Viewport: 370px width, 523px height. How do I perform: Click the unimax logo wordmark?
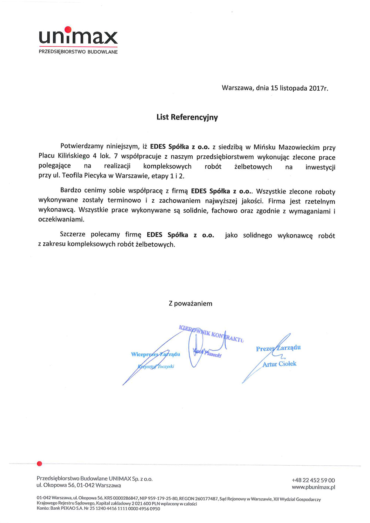tap(78, 37)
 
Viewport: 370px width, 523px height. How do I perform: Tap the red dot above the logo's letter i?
tap(68, 30)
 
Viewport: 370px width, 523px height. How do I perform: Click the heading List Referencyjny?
tap(187, 117)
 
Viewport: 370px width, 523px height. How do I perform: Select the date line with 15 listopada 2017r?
tap(275, 88)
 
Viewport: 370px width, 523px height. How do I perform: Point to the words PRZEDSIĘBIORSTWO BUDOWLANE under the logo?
tap(78, 52)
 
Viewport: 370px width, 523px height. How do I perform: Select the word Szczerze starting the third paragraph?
tap(73, 234)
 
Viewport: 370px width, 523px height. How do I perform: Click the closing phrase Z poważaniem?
tap(190, 304)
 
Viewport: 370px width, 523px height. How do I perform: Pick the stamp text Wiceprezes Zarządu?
tap(155, 354)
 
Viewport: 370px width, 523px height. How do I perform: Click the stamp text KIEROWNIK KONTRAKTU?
tap(211, 333)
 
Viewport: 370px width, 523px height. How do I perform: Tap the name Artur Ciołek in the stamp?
tap(279, 364)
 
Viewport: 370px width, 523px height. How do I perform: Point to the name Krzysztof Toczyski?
tap(156, 367)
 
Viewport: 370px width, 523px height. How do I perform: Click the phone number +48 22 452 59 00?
tap(313, 480)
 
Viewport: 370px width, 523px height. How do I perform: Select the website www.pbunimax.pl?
tap(313, 487)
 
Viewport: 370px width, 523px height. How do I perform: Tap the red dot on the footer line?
tap(40, 463)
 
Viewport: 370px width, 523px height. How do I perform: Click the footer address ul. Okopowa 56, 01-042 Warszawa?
tap(78, 485)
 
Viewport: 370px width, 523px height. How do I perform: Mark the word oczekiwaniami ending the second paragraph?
tap(61, 219)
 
